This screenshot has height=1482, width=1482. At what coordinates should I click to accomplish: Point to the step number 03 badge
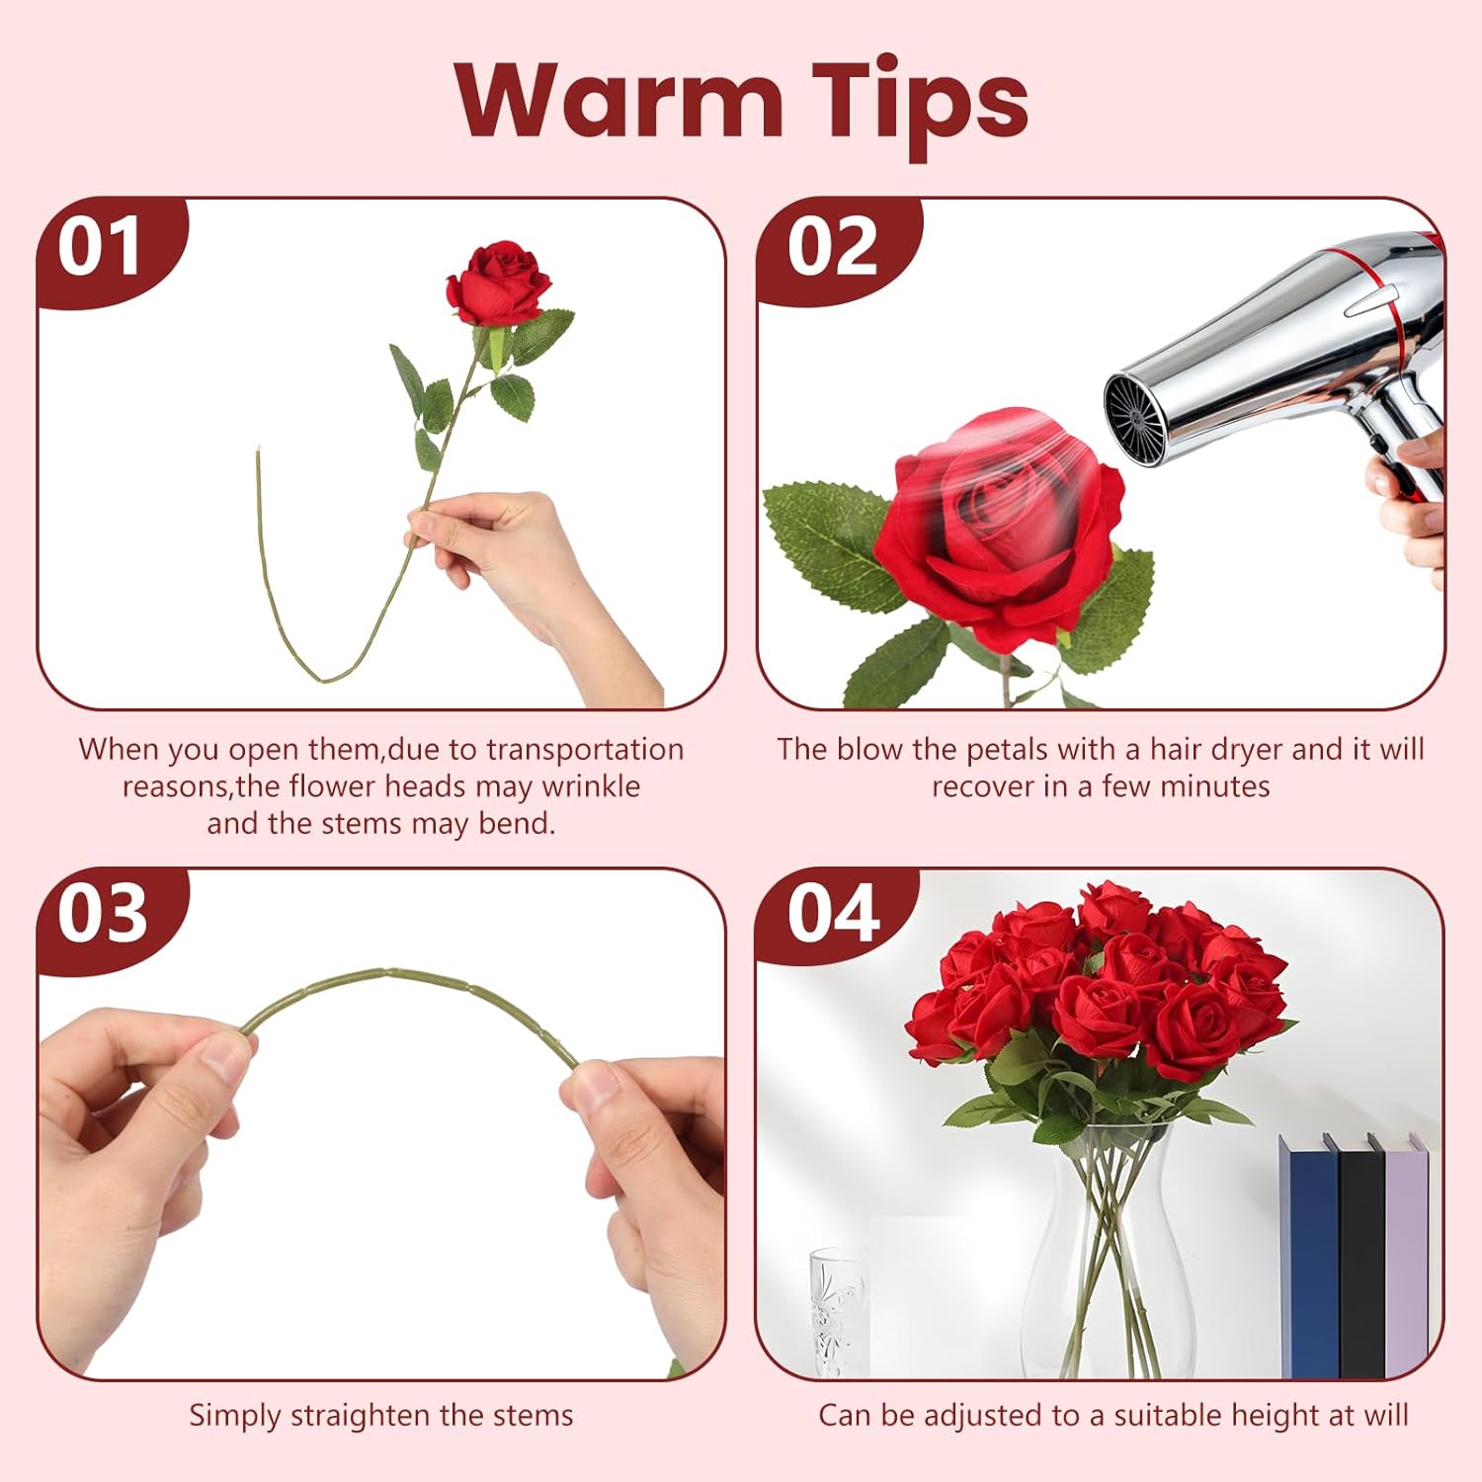[x=103, y=914]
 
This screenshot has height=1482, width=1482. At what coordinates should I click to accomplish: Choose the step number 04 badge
[x=832, y=914]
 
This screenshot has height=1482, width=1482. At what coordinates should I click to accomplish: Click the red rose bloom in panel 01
[x=499, y=282]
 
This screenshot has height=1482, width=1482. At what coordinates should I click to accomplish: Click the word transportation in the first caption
[x=585, y=750]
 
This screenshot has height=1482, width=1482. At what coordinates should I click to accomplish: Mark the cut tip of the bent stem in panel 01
[x=259, y=451]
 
